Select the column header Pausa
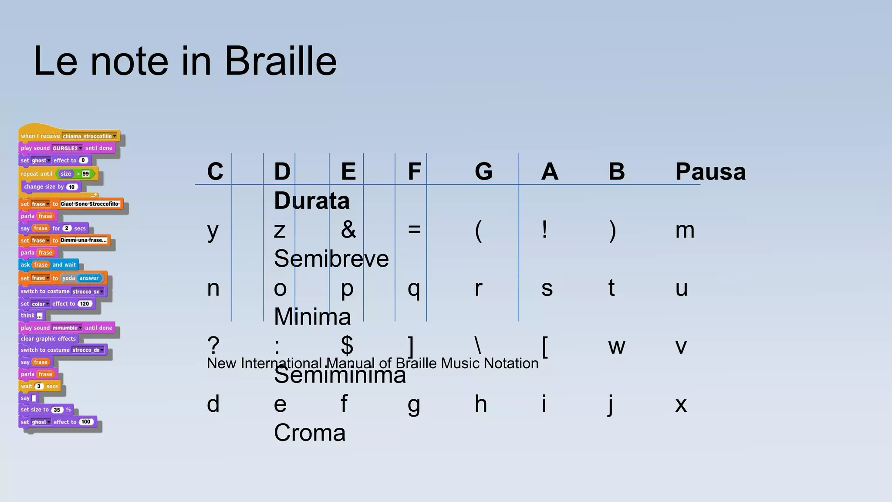[710, 171]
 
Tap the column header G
[483, 171]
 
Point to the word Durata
[312, 200]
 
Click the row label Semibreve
[331, 258]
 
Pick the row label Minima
[312, 316]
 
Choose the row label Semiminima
[340, 375]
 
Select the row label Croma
[310, 433]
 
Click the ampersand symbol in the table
[348, 230]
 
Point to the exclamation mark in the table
[544, 230]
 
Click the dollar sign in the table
[347, 346]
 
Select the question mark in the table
[213, 346]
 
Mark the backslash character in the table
[478, 346]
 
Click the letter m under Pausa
[685, 230]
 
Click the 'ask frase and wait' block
[48, 265]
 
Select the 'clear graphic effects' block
[48, 339]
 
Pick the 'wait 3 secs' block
[39, 386]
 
